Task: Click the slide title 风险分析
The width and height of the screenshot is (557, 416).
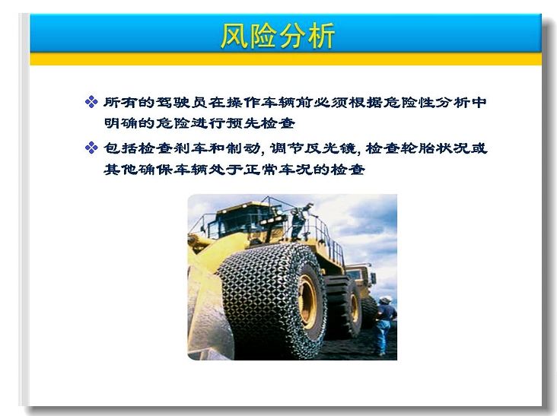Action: [278, 36]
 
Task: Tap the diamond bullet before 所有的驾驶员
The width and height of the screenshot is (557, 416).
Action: [91, 102]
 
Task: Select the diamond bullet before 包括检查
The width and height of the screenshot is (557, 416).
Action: [91, 148]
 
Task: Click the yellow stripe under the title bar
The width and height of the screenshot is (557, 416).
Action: [286, 59]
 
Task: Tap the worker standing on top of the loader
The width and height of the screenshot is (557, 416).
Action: [300, 222]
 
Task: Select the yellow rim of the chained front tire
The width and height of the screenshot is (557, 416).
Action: [307, 302]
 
